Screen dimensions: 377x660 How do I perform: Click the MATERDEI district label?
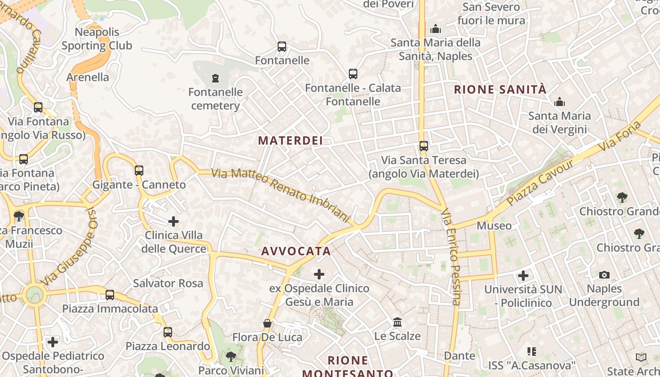290,140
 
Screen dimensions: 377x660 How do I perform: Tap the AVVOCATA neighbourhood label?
296,251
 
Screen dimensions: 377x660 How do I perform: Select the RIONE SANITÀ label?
500,90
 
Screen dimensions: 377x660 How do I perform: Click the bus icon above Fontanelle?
282,47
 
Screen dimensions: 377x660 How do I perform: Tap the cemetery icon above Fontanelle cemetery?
215,77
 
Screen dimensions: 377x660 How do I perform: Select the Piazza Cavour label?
541,182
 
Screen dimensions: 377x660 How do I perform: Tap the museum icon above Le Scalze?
397,322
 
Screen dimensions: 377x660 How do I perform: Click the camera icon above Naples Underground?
604,275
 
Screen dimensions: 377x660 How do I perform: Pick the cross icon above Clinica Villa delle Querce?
173,221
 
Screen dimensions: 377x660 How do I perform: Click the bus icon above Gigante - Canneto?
139,170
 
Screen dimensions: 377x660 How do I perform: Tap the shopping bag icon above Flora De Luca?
267,323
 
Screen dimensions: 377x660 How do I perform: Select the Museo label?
494,226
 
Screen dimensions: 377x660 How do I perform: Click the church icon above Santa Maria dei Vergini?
560,102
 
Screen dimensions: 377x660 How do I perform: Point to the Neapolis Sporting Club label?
97,39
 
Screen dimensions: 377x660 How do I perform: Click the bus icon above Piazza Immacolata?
110,295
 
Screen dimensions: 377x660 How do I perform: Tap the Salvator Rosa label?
168,283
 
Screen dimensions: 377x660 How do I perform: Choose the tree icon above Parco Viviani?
231,356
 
